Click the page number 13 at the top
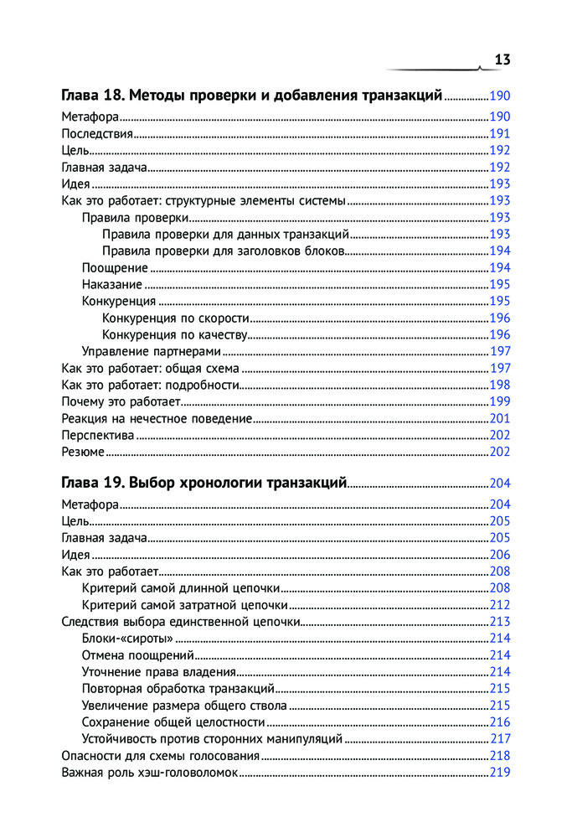(502, 59)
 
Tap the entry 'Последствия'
(97, 134)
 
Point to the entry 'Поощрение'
(115, 268)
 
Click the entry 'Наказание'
(112, 285)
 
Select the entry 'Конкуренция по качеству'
(175, 335)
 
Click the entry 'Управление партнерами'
(150, 352)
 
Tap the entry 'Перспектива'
(98, 436)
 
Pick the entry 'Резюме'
(83, 453)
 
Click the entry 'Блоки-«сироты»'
(122, 639)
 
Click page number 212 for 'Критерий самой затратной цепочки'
(499, 605)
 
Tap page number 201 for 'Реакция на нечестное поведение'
(499, 419)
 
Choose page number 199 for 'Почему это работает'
(499, 402)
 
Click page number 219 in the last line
(499, 773)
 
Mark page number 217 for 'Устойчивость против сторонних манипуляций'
(499, 739)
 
